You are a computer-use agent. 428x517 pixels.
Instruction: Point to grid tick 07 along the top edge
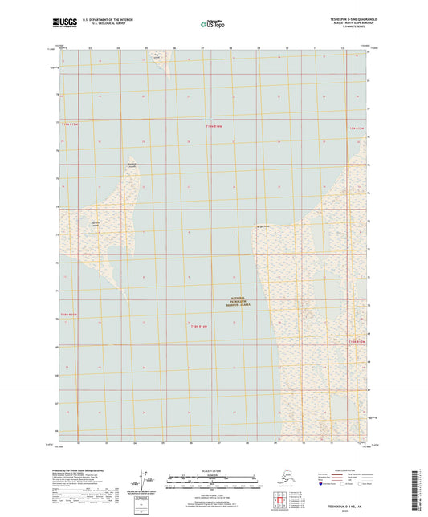pos(203,49)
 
